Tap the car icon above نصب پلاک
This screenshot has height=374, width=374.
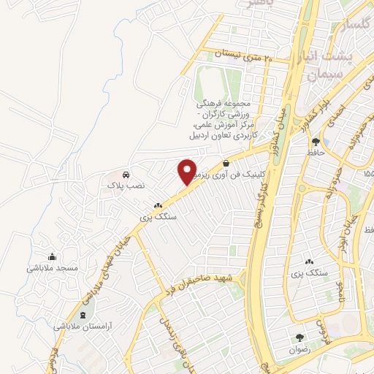[126, 175]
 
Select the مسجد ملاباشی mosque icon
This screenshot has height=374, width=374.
[52, 256]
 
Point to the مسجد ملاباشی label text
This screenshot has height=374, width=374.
[53, 268]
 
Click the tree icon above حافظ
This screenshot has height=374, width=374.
[316, 142]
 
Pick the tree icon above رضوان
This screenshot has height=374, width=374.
[300, 337]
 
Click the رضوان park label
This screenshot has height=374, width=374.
[300, 349]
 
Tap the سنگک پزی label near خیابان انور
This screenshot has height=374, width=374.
[307, 273]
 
